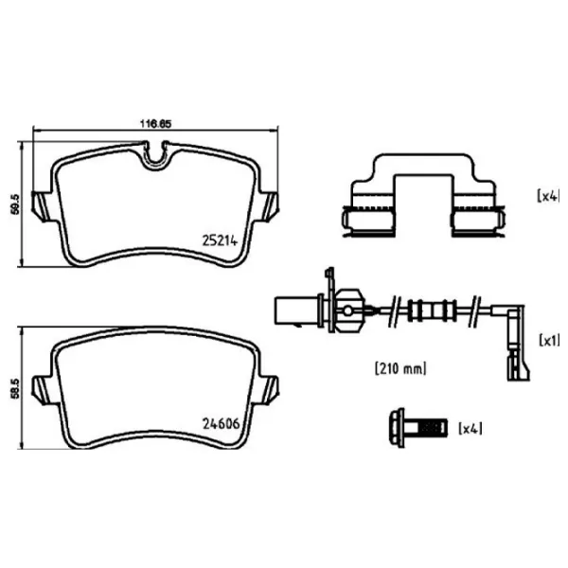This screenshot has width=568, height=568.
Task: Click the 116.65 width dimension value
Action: pyautogui.click(x=155, y=124)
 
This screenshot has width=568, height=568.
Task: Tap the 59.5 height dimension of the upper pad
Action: pyautogui.click(x=15, y=204)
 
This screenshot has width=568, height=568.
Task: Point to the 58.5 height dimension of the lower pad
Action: pyautogui.click(x=15, y=389)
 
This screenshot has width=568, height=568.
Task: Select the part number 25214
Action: pyautogui.click(x=220, y=240)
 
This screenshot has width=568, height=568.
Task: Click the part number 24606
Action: pyautogui.click(x=221, y=423)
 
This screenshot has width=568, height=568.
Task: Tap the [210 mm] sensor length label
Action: pyautogui.click(x=400, y=368)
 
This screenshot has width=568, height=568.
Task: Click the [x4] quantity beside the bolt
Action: pyautogui.click(x=470, y=429)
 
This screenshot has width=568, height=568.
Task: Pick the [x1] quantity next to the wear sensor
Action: pyautogui.click(x=549, y=340)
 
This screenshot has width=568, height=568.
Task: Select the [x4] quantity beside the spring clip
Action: pyautogui.click(x=548, y=196)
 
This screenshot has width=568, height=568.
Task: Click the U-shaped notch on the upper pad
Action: pyautogui.click(x=155, y=158)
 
